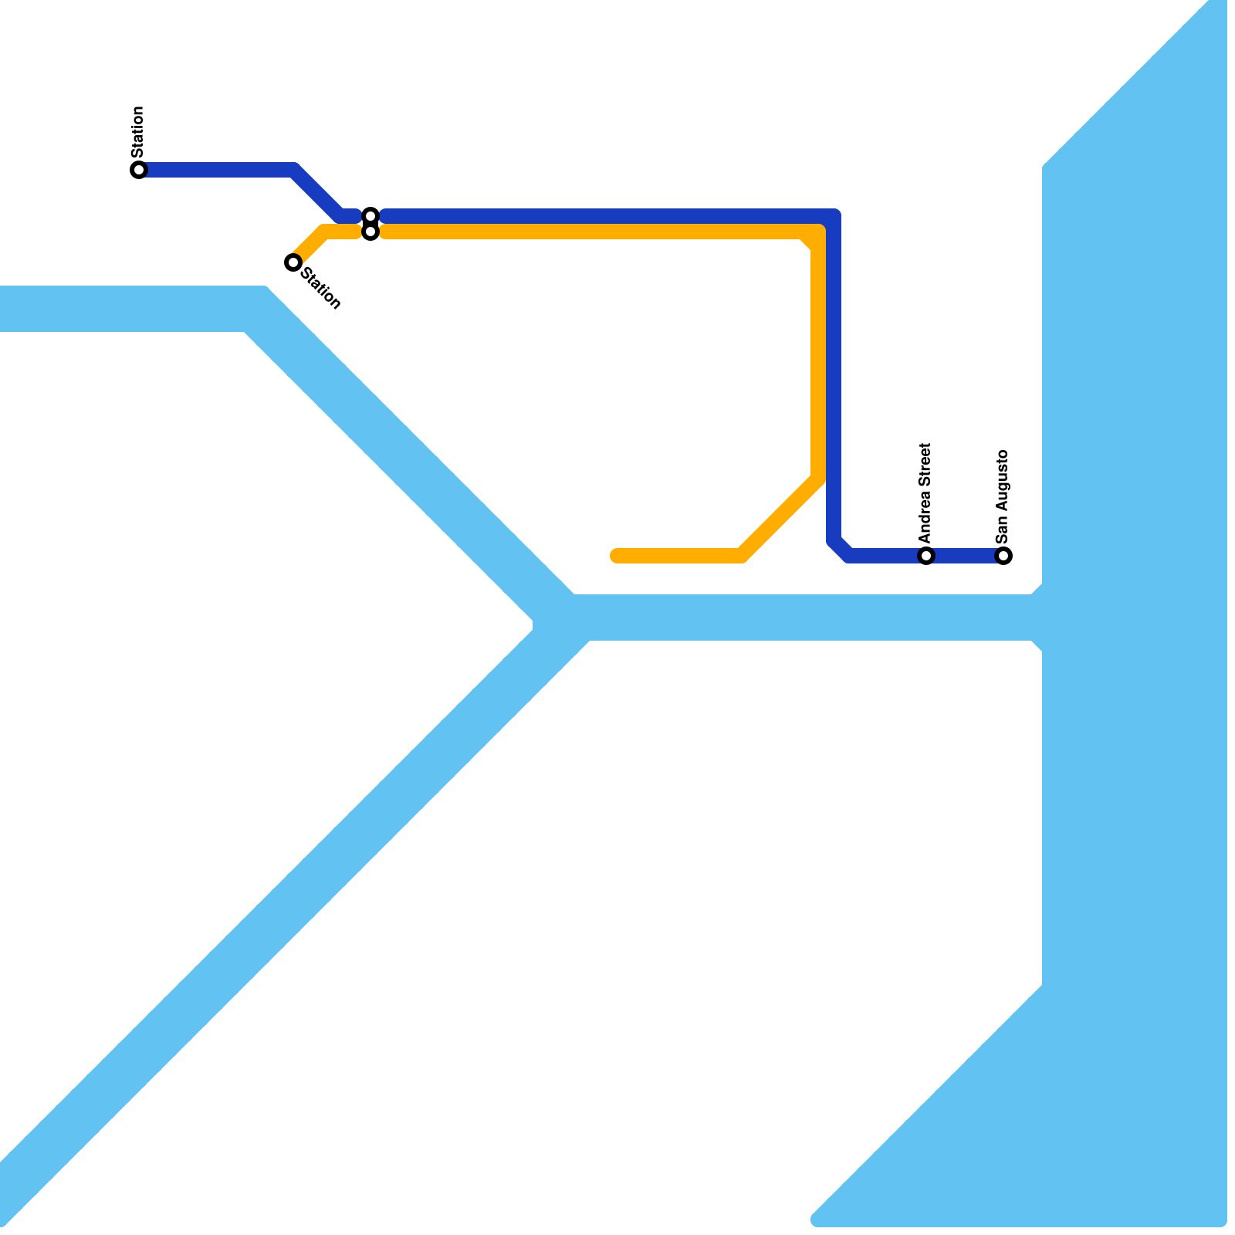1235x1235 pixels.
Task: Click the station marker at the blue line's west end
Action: [x=139, y=170]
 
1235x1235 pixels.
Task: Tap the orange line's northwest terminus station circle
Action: [x=293, y=262]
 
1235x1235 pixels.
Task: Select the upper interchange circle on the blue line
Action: [x=370, y=215]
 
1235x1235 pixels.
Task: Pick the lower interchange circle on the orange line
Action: [x=370, y=232]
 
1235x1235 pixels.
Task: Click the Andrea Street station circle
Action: [x=926, y=556]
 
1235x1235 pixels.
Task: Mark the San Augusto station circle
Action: [x=1003, y=556]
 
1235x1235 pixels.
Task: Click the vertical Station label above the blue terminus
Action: [x=137, y=131]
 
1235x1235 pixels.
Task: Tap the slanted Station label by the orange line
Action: [x=320, y=288]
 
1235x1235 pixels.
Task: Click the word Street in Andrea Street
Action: [x=925, y=465]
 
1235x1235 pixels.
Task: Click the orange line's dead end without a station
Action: [x=616, y=556]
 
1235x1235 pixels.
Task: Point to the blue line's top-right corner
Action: [x=834, y=216]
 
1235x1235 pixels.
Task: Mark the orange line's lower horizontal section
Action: [x=679, y=556]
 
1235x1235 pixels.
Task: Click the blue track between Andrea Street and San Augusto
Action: [x=965, y=556]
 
